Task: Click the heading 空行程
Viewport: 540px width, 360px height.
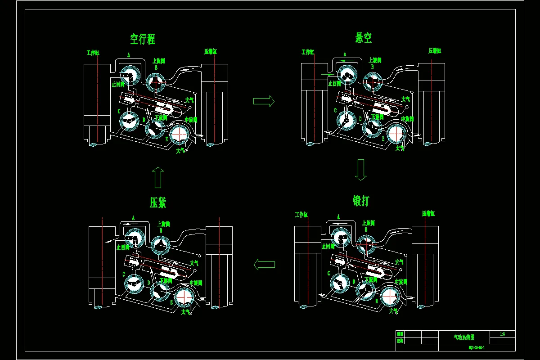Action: point(143,39)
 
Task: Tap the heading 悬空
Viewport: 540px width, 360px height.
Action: point(363,37)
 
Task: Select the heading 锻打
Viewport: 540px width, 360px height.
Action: point(361,201)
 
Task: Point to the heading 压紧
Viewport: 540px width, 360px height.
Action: point(158,202)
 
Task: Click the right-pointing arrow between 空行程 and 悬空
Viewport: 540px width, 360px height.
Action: point(264,101)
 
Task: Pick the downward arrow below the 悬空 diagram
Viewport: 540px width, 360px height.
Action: point(361,170)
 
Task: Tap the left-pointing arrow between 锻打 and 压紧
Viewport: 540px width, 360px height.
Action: point(264,264)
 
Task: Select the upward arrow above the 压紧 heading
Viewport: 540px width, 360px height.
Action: point(157,177)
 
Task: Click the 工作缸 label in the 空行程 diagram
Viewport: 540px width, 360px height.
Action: point(93,53)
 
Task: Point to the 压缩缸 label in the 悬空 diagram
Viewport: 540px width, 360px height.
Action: point(435,51)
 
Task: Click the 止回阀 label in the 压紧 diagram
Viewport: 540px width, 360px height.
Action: point(122,247)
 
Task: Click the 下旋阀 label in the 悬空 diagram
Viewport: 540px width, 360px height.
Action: point(377,117)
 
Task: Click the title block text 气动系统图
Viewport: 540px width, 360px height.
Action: point(464,336)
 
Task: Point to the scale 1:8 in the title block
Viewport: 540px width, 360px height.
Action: point(502,334)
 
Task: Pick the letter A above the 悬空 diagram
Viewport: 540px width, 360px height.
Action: point(345,54)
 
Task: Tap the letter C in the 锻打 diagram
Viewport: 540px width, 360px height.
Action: point(328,273)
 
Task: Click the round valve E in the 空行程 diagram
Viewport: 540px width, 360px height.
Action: point(180,134)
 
